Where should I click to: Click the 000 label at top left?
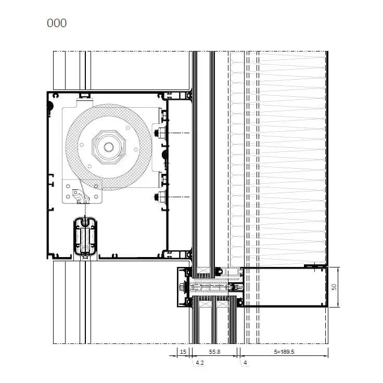57,23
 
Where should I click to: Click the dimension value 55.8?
215,352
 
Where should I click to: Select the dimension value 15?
183,352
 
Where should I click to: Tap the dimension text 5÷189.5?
284,352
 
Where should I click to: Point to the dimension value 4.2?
200,363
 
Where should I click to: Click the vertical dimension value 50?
334,287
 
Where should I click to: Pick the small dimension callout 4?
245,363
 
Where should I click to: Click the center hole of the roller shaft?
109,147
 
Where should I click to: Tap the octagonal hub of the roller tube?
109,147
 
